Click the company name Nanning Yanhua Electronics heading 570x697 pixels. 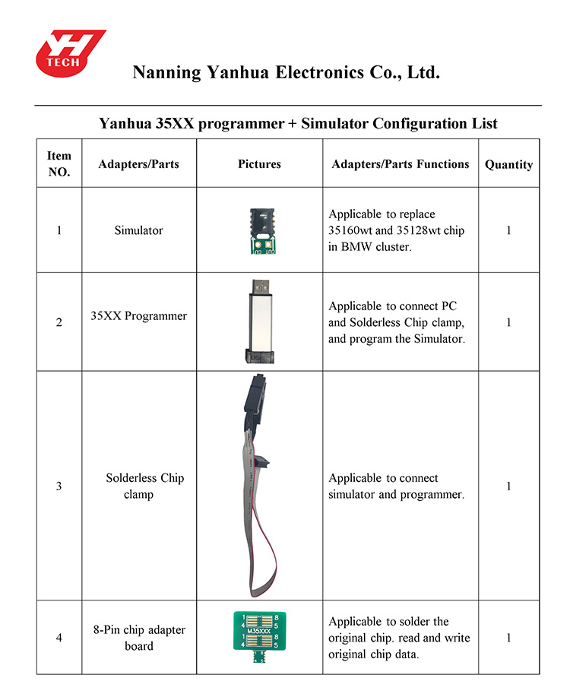coord(286,73)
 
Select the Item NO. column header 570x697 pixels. coord(59,164)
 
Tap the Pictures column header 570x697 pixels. coord(259,164)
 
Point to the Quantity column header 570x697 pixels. coord(508,164)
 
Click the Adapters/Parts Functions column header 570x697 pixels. coord(400,164)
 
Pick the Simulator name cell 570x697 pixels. coord(138,230)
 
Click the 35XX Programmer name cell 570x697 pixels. coord(138,316)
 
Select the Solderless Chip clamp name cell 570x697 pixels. coord(144,486)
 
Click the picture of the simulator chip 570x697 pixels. coord(260,230)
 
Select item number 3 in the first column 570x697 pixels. coord(59,486)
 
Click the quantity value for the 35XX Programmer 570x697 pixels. coord(508,322)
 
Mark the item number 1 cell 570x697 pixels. coord(59,230)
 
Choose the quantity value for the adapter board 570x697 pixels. coord(508,638)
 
